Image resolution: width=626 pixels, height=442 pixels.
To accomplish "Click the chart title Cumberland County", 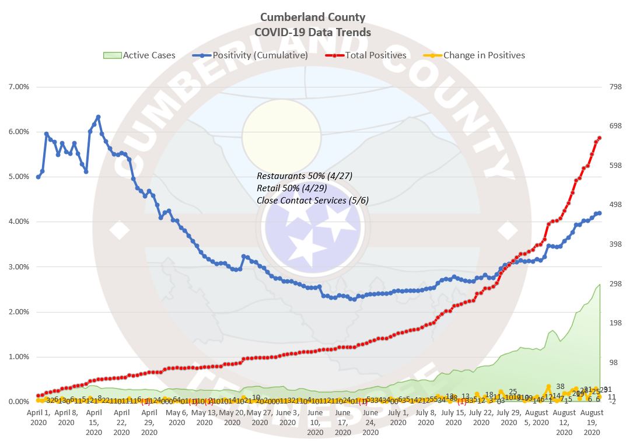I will coord(313,17).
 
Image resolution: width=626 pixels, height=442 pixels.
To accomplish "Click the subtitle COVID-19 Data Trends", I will coord(313,32).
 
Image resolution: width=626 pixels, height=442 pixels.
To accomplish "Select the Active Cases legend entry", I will coord(139,55).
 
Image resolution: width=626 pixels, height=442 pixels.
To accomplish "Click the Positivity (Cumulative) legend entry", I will coord(250,55).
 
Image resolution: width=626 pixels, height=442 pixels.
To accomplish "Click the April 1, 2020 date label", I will coord(39,417).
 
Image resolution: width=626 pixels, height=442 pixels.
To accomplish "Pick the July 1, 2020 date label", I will coord(397,417).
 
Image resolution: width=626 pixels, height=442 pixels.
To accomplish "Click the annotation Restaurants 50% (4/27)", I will coord(305,176).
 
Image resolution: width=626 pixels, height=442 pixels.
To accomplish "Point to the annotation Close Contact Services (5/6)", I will coord(313,201).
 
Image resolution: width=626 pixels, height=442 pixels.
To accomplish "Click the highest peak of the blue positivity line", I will coord(98,117).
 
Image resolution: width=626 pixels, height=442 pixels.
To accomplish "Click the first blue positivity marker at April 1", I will coord(39,177).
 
